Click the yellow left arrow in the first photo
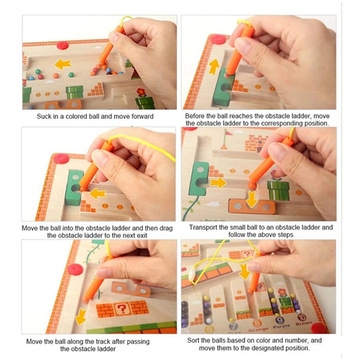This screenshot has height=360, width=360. click(x=63, y=64)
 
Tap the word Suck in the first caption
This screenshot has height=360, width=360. click(x=46, y=116)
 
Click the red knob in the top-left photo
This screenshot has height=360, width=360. click(x=63, y=45)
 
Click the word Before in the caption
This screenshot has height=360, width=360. click(x=197, y=116)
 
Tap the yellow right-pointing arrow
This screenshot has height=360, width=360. click(x=217, y=182)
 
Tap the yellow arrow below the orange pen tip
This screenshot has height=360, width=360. click(x=81, y=315)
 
